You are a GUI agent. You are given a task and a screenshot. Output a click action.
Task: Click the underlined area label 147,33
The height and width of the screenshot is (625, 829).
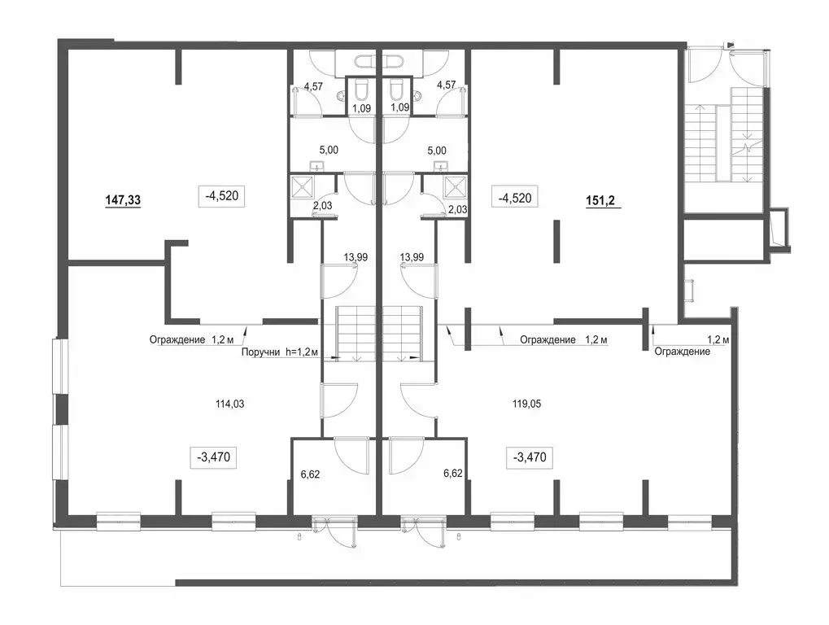123,200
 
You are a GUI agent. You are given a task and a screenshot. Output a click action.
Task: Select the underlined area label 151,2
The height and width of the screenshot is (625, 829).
604,201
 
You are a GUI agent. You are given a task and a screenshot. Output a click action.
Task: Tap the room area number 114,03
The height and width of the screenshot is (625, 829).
230,404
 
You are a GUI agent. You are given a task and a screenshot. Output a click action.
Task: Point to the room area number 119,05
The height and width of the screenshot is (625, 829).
526,404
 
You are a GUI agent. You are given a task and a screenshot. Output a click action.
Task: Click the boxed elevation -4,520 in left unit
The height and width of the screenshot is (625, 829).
221,196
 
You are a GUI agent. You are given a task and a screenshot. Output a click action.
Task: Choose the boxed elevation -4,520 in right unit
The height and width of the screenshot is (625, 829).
515,199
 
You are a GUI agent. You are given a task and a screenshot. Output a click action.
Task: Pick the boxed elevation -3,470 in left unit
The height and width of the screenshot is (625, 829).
214,457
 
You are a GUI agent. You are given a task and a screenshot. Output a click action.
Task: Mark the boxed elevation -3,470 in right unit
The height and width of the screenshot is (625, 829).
530,457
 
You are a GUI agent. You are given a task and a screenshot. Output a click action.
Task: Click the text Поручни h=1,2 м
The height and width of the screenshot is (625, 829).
279,352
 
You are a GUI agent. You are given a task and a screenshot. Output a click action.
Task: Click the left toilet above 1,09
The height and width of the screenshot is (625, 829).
362,90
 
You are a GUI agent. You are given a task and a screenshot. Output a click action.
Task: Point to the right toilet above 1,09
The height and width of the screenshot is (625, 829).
396,90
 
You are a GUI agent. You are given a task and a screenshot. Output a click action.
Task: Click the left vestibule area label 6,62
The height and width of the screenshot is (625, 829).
310,474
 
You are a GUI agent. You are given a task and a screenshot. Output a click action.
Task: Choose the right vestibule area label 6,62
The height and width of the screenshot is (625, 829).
453,474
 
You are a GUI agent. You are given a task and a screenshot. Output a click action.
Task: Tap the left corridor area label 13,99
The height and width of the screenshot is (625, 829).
356,257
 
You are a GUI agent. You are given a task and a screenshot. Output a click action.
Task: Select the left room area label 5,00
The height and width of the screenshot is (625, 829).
329,151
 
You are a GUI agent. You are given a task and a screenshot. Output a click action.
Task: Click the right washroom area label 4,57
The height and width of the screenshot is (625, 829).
446,85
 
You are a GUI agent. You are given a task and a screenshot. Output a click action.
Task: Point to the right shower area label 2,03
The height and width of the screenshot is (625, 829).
458,209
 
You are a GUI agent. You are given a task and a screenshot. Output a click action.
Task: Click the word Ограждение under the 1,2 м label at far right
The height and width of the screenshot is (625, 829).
682,352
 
